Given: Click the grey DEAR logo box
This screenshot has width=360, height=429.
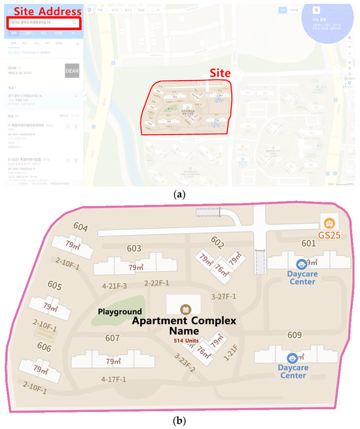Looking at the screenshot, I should coord(71,71).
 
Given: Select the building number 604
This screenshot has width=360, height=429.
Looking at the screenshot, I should coord(81,227).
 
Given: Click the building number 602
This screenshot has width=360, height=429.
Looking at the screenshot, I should coord(217,243).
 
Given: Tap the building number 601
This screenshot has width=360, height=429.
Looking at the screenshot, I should coord(308,243).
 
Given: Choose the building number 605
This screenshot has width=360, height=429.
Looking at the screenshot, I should coord(54,286).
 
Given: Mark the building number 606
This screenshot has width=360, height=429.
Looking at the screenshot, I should coord(43,346).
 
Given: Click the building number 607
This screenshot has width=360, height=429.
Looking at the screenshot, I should coord(112,338).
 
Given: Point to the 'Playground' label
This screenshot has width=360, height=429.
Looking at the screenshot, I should coord(120,311).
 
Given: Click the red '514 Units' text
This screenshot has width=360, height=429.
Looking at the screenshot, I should coord(187,342).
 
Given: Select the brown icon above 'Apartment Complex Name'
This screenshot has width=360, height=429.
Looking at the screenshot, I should coord(185,307).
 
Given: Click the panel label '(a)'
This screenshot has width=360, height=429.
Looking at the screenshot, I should coord(180,195).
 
